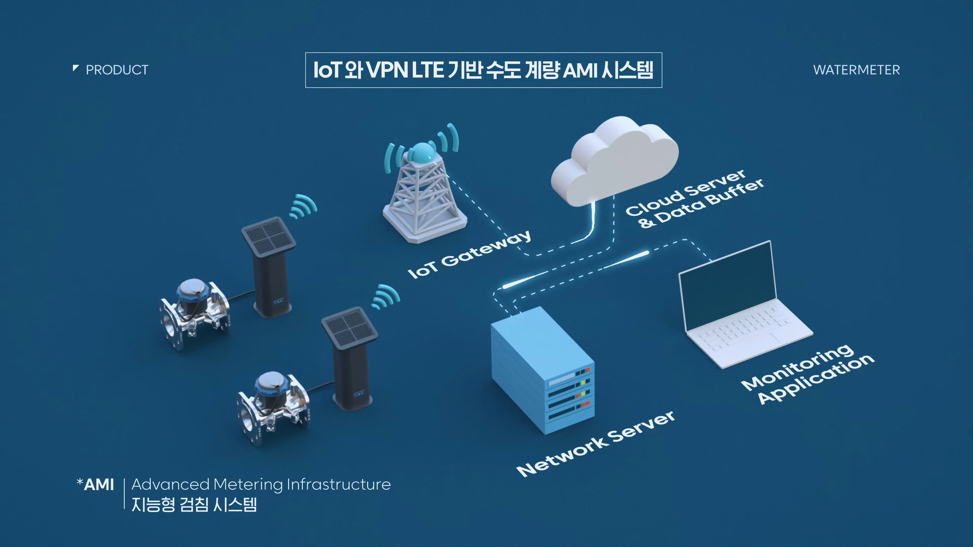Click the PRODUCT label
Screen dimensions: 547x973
click(x=117, y=70)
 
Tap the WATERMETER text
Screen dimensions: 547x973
click(x=856, y=70)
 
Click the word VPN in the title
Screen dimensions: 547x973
click(x=386, y=70)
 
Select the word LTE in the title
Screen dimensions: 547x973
click(x=427, y=70)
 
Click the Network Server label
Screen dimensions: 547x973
click(x=596, y=444)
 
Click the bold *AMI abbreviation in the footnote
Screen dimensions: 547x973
click(x=95, y=484)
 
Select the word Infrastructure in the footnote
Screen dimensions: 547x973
click(x=339, y=484)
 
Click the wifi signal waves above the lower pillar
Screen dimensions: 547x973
click(x=385, y=296)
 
